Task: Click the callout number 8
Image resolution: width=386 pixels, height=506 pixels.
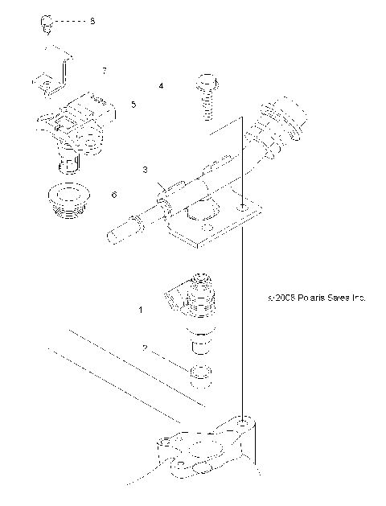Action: [92, 21]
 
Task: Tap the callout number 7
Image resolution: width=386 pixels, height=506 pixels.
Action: [104, 71]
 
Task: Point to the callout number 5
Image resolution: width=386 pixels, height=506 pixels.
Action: [133, 105]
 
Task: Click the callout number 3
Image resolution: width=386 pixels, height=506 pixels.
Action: [145, 170]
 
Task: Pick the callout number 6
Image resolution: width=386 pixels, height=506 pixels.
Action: [136, 195]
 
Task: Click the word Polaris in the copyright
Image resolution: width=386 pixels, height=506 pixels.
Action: [309, 297]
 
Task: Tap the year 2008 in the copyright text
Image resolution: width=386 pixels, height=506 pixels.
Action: [281, 297]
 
